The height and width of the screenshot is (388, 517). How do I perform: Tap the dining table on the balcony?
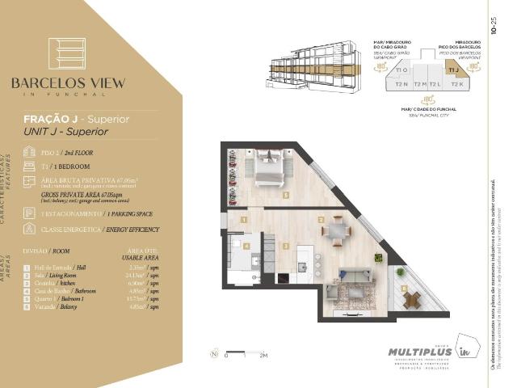tap(413, 298)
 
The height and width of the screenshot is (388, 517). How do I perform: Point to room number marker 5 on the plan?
tap(285, 195)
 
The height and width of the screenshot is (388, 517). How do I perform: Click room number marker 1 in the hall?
tap(243, 219)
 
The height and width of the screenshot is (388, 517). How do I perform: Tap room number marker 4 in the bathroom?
tap(247, 245)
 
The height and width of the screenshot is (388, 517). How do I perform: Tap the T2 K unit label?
tap(456, 84)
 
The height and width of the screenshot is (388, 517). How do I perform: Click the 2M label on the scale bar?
tap(263, 354)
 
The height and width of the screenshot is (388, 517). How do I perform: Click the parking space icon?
tap(29, 213)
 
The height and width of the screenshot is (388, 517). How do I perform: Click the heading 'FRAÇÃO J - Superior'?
tap(76, 119)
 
